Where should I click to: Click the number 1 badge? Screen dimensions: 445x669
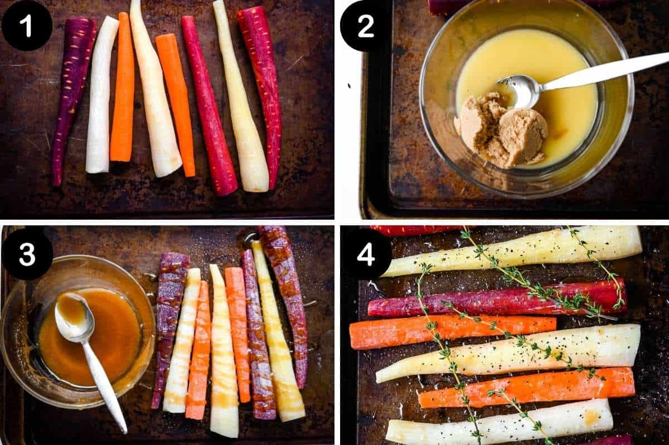(x=27, y=26)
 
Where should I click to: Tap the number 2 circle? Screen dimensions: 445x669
(x=365, y=26)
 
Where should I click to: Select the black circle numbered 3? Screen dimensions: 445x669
(x=27, y=254)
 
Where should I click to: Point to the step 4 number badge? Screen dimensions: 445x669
(x=365, y=254)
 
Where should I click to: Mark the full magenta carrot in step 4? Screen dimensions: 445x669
(x=496, y=300)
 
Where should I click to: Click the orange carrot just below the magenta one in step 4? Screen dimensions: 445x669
(x=452, y=330)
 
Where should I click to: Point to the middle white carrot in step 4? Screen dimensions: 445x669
(x=507, y=352)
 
